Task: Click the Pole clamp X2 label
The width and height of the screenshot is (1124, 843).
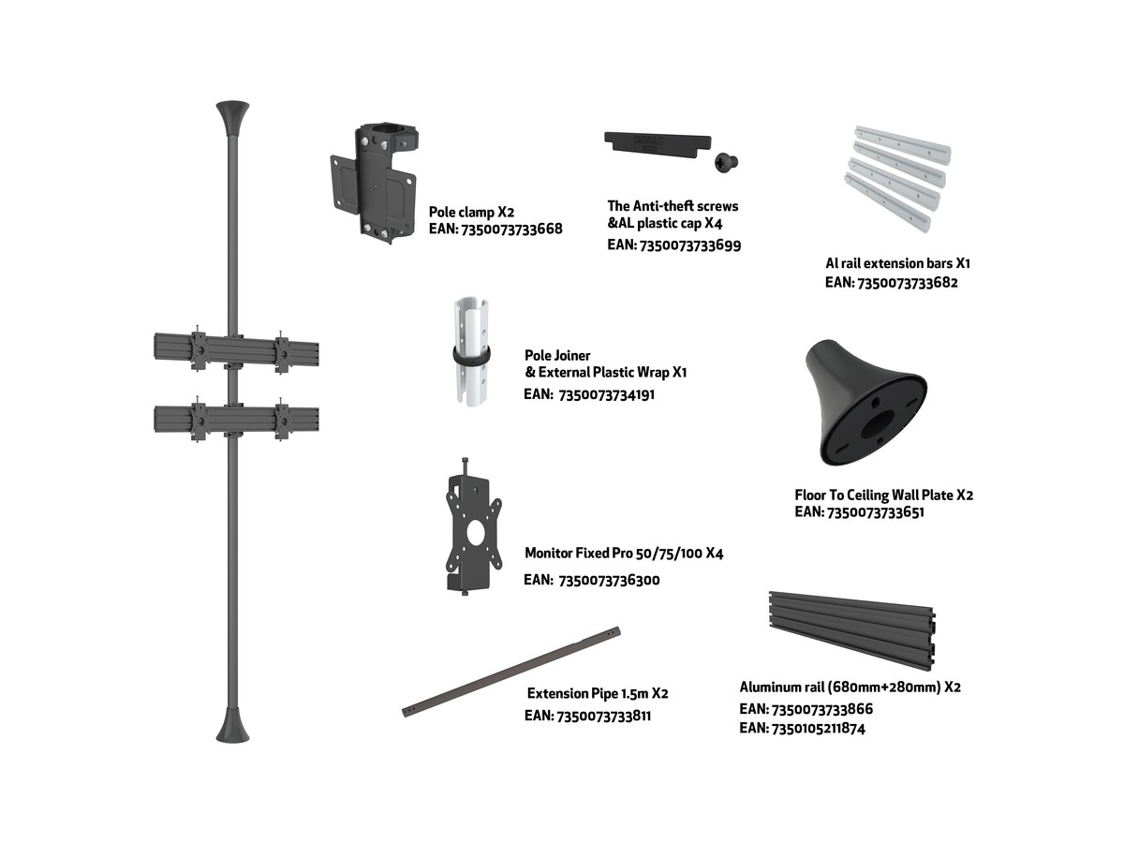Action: (471, 212)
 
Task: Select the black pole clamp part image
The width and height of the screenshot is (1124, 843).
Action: (374, 182)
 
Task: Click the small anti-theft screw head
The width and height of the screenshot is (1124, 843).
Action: (726, 163)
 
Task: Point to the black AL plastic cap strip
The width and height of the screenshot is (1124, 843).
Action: (658, 142)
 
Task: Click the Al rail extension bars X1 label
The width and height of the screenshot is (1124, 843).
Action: (897, 263)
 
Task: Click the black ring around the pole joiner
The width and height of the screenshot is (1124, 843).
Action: (471, 356)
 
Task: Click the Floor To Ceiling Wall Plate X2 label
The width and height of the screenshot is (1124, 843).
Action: (883, 495)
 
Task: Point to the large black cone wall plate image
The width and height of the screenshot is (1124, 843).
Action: (865, 403)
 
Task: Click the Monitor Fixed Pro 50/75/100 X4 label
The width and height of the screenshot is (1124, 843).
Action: (624, 553)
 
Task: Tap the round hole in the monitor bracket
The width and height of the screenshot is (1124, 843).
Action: (476, 534)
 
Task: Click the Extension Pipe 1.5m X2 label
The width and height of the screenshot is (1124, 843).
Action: (597, 693)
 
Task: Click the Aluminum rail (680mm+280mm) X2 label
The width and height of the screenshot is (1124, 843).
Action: (850, 687)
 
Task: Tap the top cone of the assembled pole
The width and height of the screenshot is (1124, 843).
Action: (232, 118)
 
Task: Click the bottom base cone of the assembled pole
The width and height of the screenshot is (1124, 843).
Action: (232, 724)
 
